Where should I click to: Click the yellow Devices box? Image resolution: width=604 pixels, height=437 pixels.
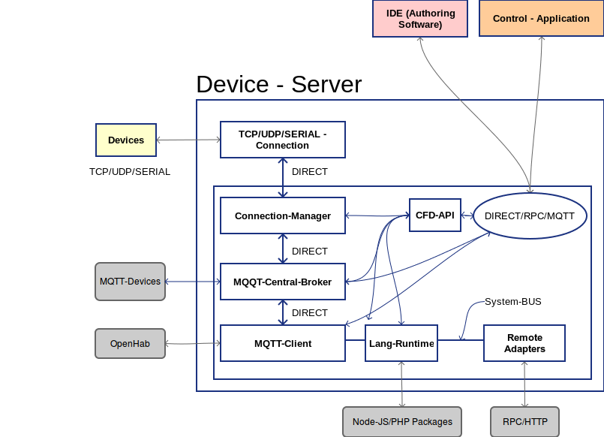click(x=126, y=140)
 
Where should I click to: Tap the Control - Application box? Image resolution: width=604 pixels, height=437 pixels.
click(x=541, y=18)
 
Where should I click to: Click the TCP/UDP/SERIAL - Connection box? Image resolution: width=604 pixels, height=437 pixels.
click(x=282, y=140)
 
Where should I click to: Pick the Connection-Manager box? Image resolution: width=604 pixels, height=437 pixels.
click(x=282, y=215)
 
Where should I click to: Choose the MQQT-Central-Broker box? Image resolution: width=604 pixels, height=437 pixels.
click(x=282, y=282)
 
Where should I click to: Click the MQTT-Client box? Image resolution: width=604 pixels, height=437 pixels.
click(x=282, y=344)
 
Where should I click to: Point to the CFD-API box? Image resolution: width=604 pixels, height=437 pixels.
click(x=435, y=215)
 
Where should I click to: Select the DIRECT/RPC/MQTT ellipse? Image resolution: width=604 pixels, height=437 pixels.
click(x=530, y=215)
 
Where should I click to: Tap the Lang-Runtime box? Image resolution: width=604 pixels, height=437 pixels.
click(x=401, y=344)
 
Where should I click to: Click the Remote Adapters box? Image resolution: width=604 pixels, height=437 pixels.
click(x=524, y=343)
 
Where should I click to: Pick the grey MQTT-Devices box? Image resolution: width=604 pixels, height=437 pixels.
click(x=130, y=282)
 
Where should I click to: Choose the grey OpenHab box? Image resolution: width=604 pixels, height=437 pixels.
click(x=130, y=344)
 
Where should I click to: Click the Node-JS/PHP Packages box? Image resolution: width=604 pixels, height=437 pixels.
click(x=402, y=421)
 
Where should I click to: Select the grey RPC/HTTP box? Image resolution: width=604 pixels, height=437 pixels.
click(x=524, y=421)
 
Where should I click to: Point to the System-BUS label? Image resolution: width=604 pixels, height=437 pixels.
click(x=512, y=302)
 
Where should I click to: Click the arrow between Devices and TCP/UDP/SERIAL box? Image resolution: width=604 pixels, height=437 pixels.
click(x=188, y=140)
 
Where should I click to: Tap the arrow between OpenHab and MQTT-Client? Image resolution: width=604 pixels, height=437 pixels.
click(x=192, y=344)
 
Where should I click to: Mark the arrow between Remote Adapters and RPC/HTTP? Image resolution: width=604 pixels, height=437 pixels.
click(x=524, y=384)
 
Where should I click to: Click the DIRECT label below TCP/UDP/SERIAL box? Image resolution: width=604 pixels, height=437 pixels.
click(x=310, y=172)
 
